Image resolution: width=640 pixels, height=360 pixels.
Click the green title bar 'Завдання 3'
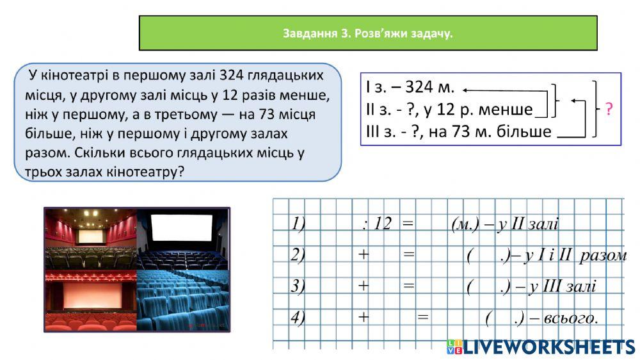(x=368, y=33)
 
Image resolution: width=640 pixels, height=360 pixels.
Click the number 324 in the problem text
(x=232, y=76)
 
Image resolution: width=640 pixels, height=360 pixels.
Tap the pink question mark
(x=609, y=110)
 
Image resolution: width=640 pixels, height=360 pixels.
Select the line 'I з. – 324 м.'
(x=410, y=89)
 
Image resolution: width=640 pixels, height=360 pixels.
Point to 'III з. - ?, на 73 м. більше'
(x=459, y=131)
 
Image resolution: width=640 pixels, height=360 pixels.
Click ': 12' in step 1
(x=376, y=224)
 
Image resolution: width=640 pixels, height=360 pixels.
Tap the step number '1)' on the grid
(x=298, y=224)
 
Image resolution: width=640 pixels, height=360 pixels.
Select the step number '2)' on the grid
(x=298, y=254)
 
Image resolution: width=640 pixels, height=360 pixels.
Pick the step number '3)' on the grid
(x=298, y=286)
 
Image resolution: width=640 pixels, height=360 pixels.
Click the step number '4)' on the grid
(x=298, y=316)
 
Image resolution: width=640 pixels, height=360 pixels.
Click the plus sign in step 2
(x=364, y=254)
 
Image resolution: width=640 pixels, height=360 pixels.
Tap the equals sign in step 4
(x=422, y=316)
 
